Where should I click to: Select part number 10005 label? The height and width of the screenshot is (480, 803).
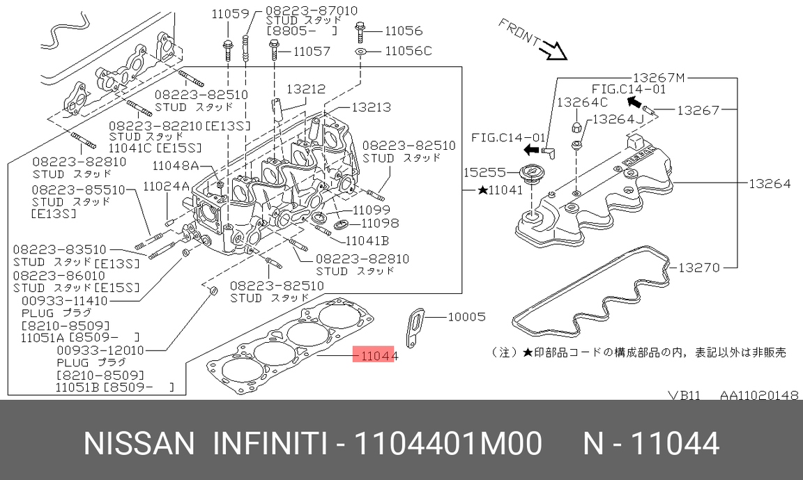[x=466, y=317]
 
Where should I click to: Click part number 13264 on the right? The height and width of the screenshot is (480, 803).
[x=770, y=184]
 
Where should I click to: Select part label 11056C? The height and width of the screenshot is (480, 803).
[x=408, y=51]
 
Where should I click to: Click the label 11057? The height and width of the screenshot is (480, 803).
[x=312, y=51]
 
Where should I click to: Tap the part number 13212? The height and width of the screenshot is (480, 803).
[x=305, y=88]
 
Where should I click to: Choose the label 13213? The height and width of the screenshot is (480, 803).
[x=371, y=107]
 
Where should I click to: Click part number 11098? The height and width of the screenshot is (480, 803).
[x=376, y=224]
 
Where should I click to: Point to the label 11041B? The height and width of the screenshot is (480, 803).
[x=367, y=240]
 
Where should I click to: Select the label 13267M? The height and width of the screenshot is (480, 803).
[x=659, y=77]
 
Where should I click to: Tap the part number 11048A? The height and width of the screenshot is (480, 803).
[x=176, y=165]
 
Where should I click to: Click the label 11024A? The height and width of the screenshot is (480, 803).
[x=166, y=186]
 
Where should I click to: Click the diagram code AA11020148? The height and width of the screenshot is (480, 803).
[x=759, y=395]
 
